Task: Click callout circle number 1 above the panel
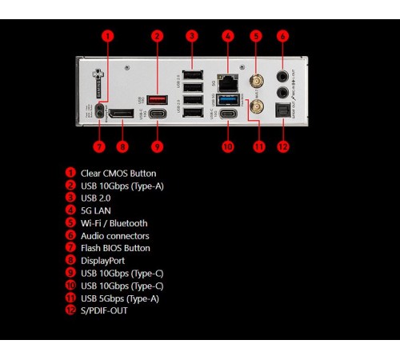click(x=107, y=36)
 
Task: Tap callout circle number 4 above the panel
click(x=228, y=36)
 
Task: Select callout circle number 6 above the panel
click(x=282, y=36)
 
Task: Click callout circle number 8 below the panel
click(x=122, y=146)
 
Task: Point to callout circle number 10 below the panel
click(x=228, y=146)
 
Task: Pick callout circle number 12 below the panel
click(x=282, y=146)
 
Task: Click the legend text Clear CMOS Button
click(x=118, y=173)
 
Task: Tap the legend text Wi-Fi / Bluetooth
click(x=114, y=223)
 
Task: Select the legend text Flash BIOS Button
click(x=115, y=248)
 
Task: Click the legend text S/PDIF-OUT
click(x=104, y=310)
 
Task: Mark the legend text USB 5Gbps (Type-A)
click(x=120, y=298)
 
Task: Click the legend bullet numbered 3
click(x=70, y=198)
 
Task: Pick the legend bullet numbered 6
click(x=70, y=235)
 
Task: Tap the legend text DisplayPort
click(x=102, y=260)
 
